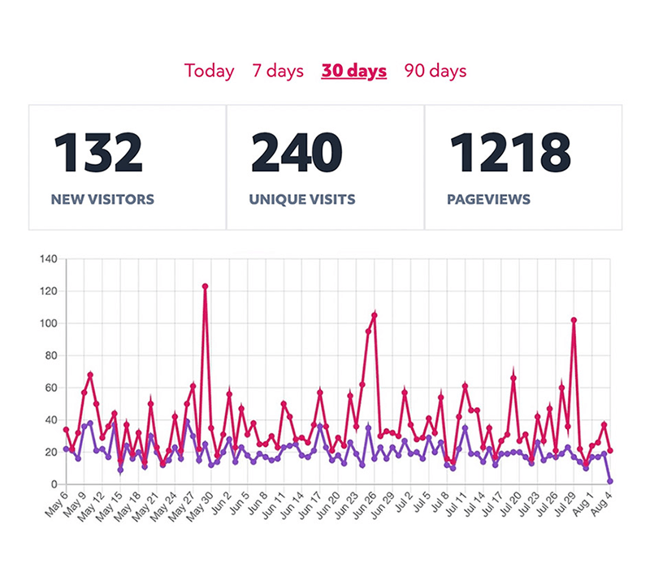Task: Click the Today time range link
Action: point(209,71)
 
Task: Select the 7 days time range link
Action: point(277,71)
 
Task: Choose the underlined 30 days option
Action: point(353,71)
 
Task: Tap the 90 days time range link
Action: point(435,71)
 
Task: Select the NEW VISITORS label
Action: point(102,199)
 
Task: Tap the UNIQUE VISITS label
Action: point(303,199)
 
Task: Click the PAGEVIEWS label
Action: point(488,199)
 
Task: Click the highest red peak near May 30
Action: point(205,286)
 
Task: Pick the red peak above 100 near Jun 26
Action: point(375,314)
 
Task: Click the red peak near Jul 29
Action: point(574,320)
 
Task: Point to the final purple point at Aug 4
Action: point(610,481)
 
